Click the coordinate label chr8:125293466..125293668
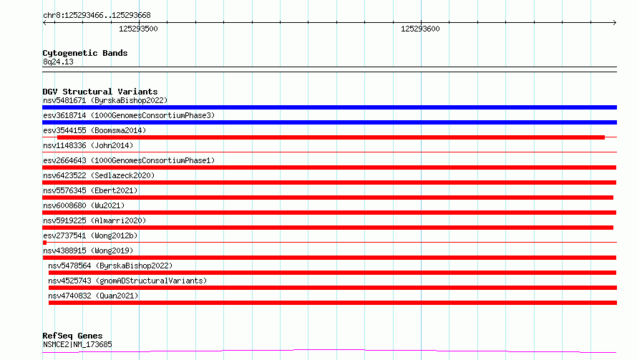[97, 16]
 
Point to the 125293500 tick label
[138, 29]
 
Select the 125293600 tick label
[420, 29]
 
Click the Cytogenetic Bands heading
[85, 53]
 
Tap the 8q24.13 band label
[58, 62]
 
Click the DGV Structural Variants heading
[100, 92]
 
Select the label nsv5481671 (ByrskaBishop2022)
[105, 100]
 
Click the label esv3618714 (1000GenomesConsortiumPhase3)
[129, 115]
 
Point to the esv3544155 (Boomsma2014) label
[94, 130]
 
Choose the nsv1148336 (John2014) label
[88, 145]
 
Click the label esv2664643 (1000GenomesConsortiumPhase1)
[129, 160]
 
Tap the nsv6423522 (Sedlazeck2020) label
[99, 175]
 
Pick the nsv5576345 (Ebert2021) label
[90, 190]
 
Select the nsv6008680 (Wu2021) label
[84, 205]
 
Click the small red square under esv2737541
[44, 243]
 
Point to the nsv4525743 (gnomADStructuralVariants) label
[127, 281]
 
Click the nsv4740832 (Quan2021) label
[93, 296]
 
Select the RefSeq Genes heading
[72, 336]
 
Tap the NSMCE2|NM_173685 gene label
[77, 344]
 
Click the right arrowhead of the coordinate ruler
[615, 23]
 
